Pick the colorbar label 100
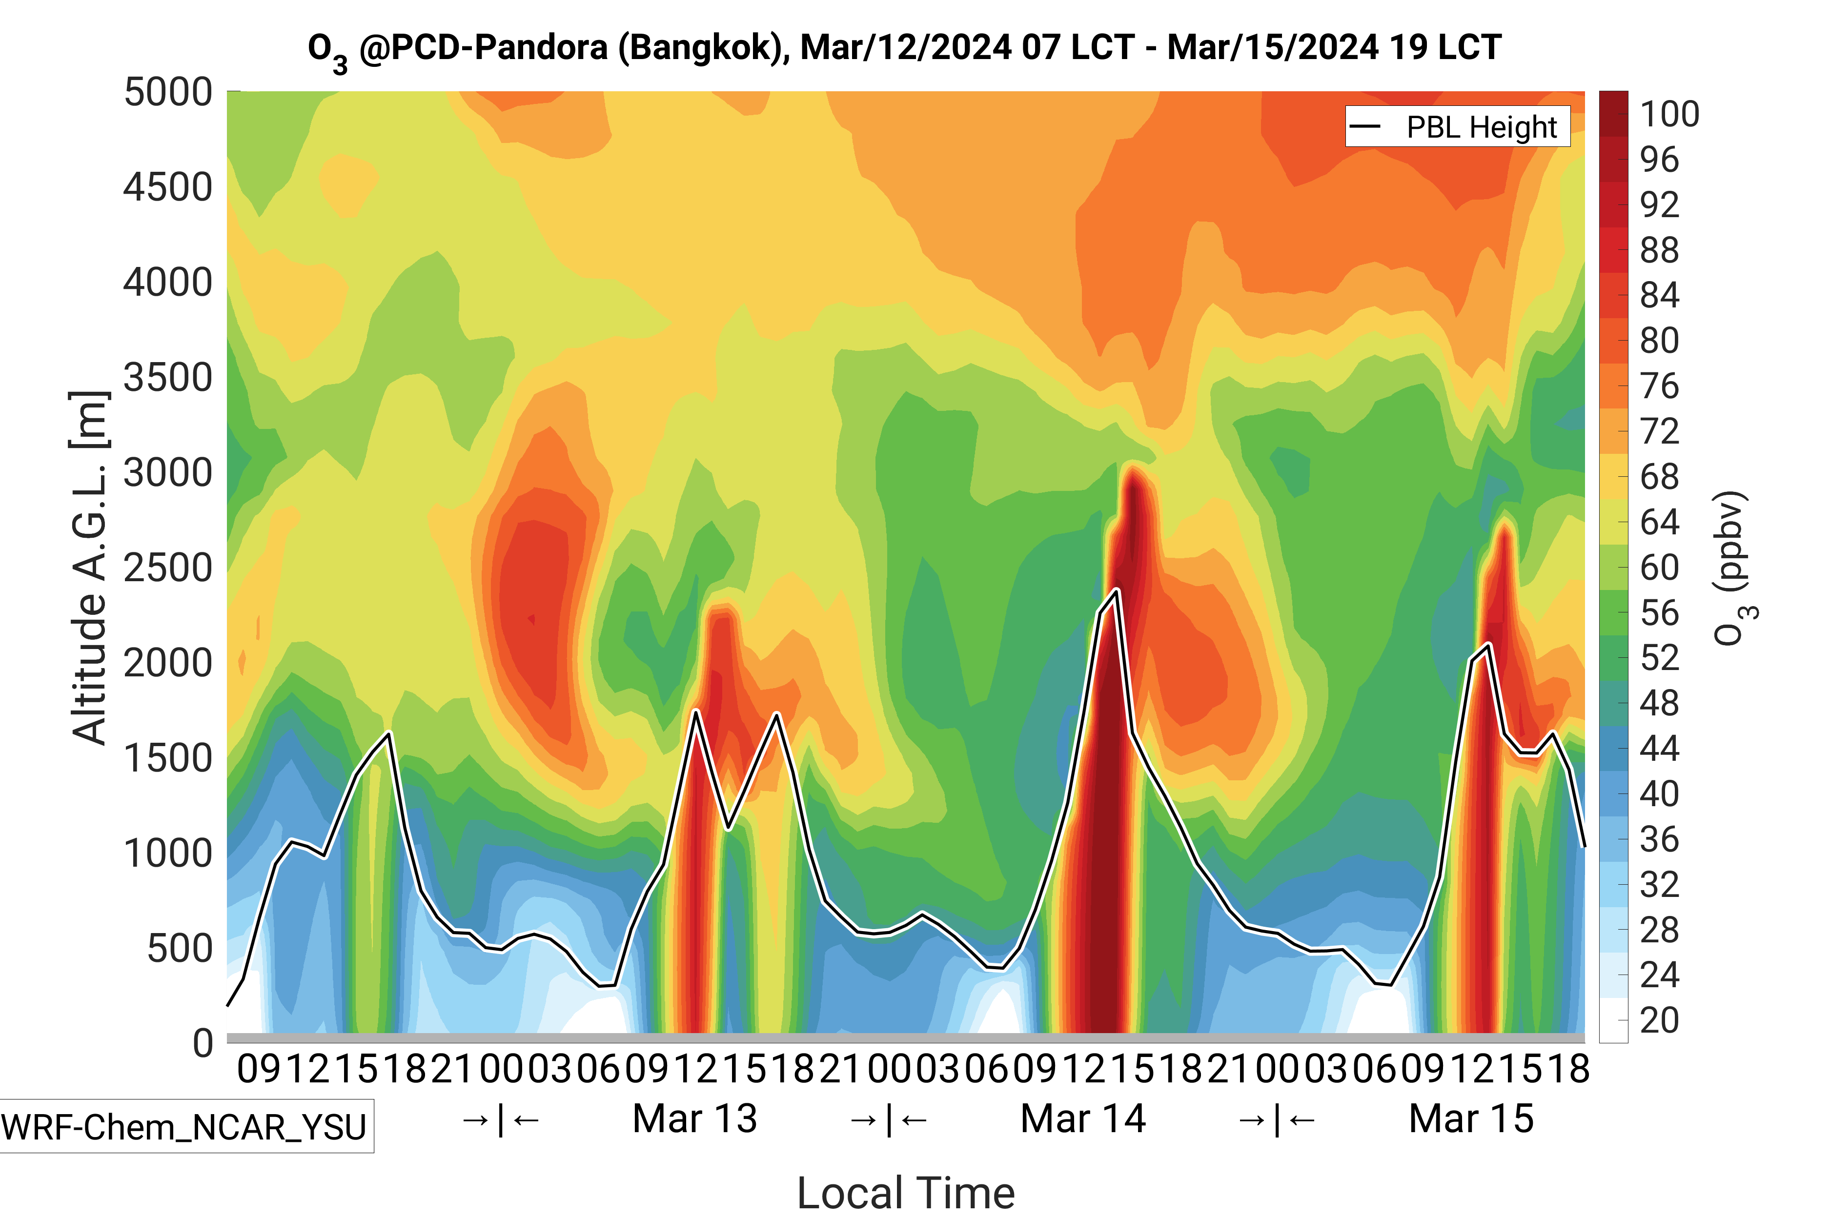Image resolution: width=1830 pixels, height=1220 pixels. [x=1669, y=114]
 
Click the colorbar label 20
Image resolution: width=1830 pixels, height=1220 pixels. [x=1659, y=1020]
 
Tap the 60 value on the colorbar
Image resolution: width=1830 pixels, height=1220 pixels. [x=1659, y=567]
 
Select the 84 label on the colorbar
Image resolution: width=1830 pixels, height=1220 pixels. [x=1659, y=295]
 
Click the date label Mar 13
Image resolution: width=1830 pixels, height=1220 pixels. [x=695, y=1119]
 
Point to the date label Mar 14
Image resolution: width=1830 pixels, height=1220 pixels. [x=1082, y=1119]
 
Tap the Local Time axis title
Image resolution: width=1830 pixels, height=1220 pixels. [x=906, y=1192]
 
